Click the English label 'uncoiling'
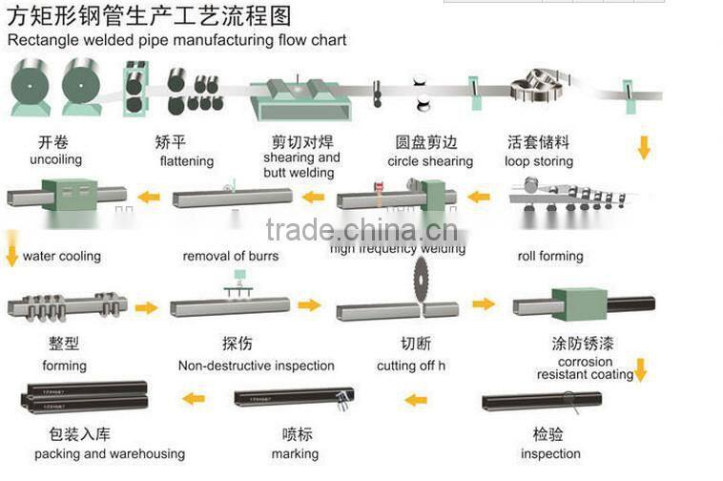pos(56,159)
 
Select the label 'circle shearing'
pos(430,161)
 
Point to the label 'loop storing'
pos(539,161)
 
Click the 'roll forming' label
pos(550,256)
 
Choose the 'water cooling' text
pos(62,256)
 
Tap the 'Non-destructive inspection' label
pos(257,366)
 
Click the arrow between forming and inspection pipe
pos(146,308)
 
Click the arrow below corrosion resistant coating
pos(640,369)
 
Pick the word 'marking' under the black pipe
pos(295,453)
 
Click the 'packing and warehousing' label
pos(110,453)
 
